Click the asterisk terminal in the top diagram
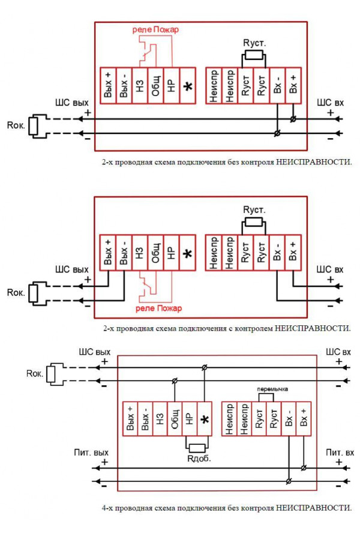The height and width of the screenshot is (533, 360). [188, 86]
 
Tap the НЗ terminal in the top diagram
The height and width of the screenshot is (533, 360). [140, 86]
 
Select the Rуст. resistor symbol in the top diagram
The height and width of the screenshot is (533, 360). [254, 55]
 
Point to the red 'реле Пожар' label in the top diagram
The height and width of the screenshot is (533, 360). [155, 29]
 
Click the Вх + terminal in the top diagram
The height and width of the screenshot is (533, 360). [293, 86]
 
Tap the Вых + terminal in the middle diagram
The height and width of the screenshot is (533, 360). [108, 253]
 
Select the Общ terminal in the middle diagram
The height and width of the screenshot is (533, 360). [155, 253]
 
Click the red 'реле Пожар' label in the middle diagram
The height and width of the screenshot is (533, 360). [159, 309]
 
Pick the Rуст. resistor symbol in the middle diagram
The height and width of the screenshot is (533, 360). [254, 222]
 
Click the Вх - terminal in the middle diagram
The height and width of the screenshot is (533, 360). [277, 253]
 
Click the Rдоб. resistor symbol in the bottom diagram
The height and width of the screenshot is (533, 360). [197, 448]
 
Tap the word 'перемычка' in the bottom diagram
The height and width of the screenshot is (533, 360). [272, 389]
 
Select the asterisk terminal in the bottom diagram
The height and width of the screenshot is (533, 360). [205, 419]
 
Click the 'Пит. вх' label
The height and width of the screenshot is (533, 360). [340, 453]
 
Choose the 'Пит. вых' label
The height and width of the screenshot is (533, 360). [91, 453]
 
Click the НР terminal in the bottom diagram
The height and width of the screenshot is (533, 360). [190, 419]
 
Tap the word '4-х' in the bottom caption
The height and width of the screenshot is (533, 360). [108, 508]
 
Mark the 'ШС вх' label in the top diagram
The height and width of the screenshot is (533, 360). [330, 102]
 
